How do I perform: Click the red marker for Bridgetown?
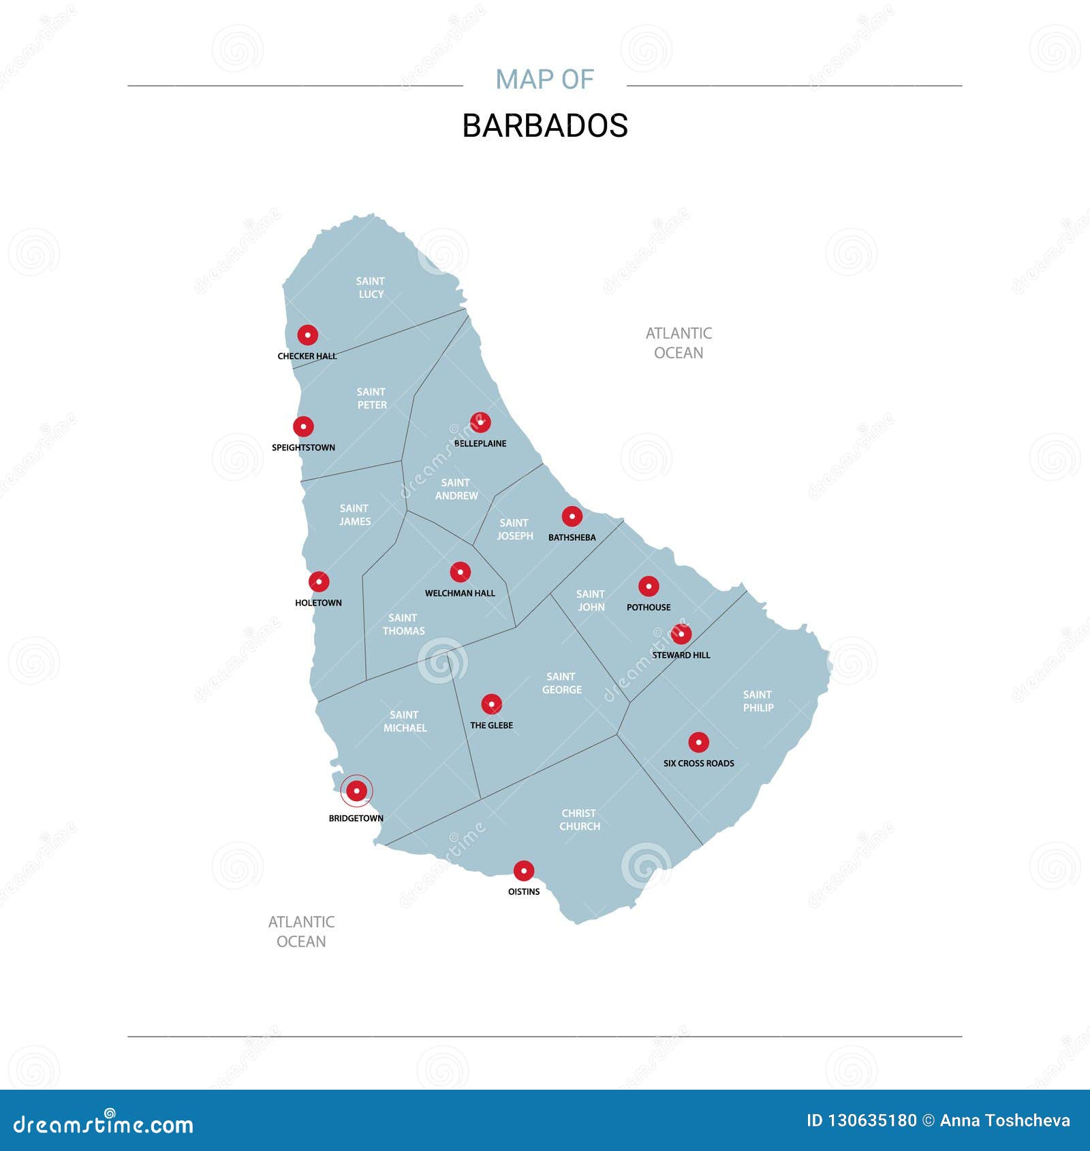356,791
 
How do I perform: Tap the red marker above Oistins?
523,870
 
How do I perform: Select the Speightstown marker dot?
303,426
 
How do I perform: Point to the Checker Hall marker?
307,335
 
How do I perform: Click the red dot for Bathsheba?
572,516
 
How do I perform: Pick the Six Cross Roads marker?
698,742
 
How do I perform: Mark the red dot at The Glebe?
491,704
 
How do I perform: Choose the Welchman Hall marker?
460,572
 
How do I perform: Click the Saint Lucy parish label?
371,287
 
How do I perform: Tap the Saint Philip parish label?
758,701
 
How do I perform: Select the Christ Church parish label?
580,819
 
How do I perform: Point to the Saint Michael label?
405,721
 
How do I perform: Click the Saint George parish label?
561,683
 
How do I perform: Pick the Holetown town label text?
318,603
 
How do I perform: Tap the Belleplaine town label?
480,443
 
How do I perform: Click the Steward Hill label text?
681,655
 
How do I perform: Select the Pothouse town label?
649,608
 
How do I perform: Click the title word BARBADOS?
545,126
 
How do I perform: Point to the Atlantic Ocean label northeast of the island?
679,343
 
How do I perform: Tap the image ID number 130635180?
871,1120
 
